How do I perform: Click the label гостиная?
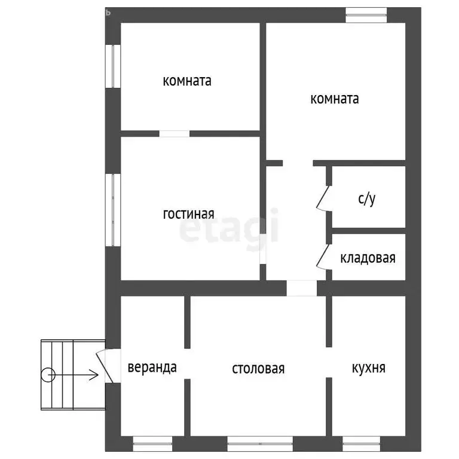(x=188, y=215)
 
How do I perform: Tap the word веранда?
(x=152, y=368)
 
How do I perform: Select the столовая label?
(x=258, y=369)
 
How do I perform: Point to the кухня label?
(x=369, y=368)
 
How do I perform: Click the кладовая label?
(x=368, y=258)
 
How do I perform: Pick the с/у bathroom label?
(x=367, y=199)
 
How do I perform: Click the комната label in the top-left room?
(x=187, y=81)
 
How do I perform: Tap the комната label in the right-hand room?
(x=335, y=99)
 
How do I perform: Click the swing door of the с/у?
(x=323, y=198)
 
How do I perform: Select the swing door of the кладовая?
(x=323, y=257)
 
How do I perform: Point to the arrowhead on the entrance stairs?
(x=94, y=375)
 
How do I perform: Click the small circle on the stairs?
(x=48, y=375)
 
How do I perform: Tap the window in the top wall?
(x=366, y=15)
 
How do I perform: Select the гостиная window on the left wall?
(x=113, y=210)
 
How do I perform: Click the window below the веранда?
(x=152, y=444)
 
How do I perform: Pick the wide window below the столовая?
(x=260, y=444)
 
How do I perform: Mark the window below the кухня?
(x=361, y=444)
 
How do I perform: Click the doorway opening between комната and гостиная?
(x=175, y=134)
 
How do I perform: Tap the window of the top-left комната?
(x=113, y=66)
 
